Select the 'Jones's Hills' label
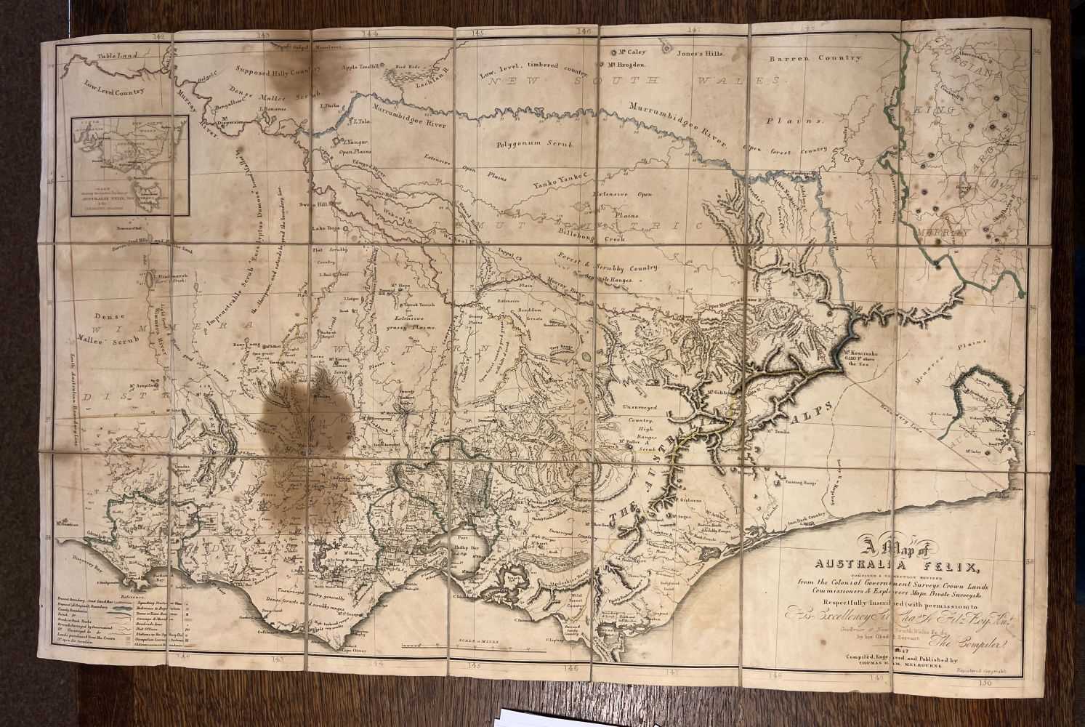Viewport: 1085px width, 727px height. coord(701,53)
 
